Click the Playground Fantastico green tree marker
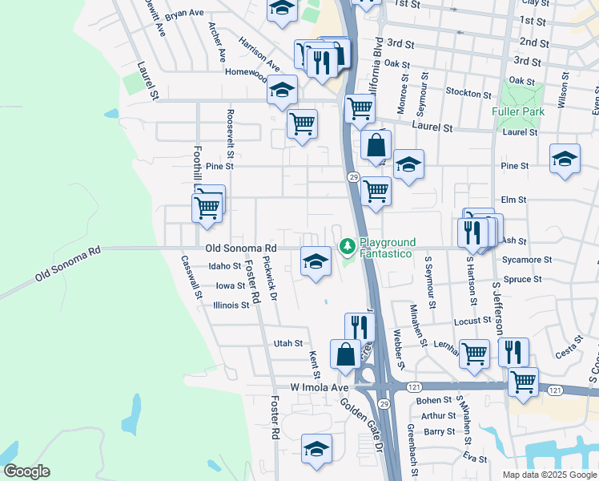[348, 245]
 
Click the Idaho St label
[224, 265]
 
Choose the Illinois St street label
[231, 305]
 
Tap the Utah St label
[287, 343]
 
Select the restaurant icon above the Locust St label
[360, 325]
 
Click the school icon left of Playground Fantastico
[316, 261]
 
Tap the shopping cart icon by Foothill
[207, 206]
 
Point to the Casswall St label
[192, 277]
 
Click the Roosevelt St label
[230, 133]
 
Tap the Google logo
[27, 471]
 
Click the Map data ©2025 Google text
[549, 475]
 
